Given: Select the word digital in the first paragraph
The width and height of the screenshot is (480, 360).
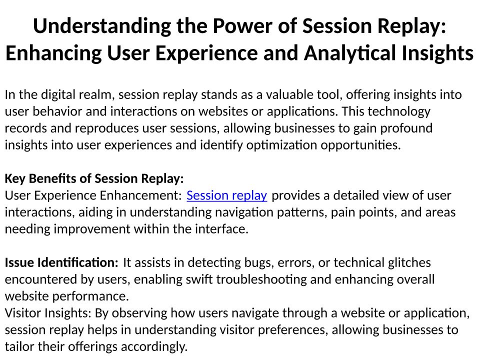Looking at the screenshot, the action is coord(58,95).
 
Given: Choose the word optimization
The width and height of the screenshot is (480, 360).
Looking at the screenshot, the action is coord(281,145).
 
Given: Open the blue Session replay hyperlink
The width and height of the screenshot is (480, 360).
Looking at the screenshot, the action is coord(227,195).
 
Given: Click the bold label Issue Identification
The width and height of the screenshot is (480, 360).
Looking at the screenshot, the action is coord(61,262).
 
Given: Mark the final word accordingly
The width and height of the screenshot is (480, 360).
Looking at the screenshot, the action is coord(154,347).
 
